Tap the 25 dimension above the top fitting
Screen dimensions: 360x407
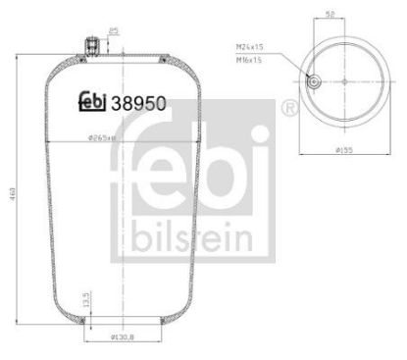click(x=114, y=31)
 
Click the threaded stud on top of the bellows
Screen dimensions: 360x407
click(x=92, y=46)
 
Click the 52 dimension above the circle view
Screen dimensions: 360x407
click(x=329, y=15)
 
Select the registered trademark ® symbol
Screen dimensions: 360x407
click(x=290, y=106)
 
